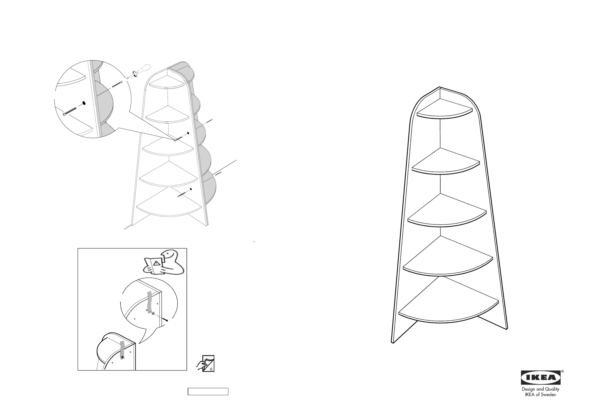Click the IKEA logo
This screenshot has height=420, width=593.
click(x=541, y=377)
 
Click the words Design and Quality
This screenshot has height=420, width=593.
click(x=541, y=389)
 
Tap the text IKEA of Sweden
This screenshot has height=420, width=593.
click(x=541, y=395)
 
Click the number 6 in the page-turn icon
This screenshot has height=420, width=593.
click(x=211, y=369)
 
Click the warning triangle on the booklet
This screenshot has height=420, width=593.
click(x=156, y=263)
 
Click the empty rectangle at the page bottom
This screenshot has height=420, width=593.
click(x=208, y=392)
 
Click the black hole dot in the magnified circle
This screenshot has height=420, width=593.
click(x=84, y=103)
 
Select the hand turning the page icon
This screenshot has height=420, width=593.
click(x=201, y=365)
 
